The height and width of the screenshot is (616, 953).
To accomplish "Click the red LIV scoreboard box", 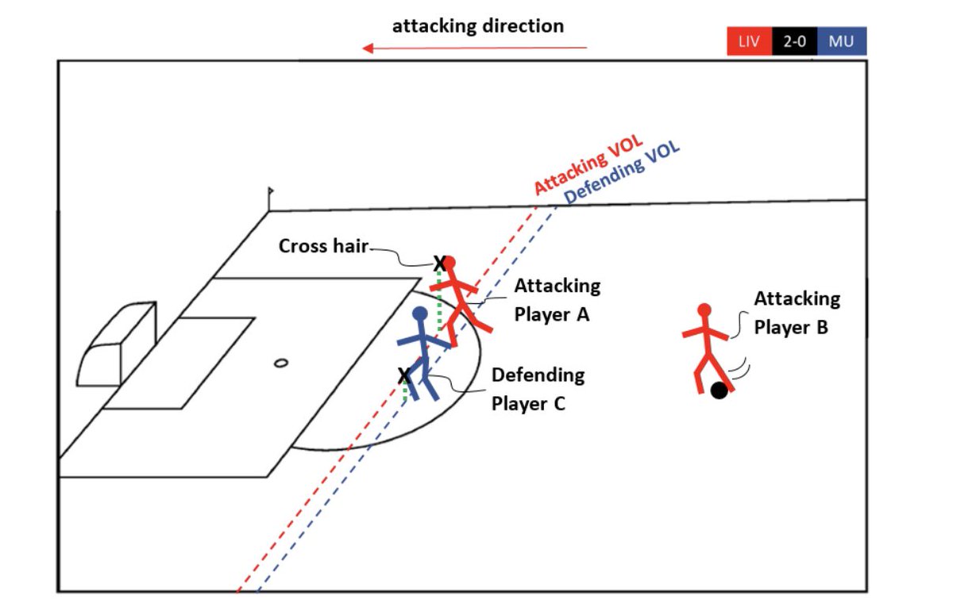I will pos(749,41).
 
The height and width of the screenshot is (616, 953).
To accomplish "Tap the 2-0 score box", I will pos(794,41).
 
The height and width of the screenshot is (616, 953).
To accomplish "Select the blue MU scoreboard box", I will pos(841,41).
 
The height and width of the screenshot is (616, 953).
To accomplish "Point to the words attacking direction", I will pos(478,25).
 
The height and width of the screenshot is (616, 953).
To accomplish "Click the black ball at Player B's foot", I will pos(720,391).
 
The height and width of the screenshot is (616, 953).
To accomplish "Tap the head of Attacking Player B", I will pos(704,310).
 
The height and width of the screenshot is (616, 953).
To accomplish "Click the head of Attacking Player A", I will pos(449,263).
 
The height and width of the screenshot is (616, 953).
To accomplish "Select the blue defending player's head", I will pos(420,315).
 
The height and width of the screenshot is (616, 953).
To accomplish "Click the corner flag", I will pos(271,192).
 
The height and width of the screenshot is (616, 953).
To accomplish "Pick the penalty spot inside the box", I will pos(280,364).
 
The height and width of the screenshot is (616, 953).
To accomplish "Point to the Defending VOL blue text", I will pos(622,174).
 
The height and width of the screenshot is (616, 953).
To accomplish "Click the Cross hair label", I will pos(323,246).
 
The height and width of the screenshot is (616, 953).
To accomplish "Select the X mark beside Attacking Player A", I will pos(438,262).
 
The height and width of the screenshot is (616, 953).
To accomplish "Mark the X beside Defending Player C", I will pos(404,374).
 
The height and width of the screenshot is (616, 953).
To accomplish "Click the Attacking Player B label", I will pos(797,312).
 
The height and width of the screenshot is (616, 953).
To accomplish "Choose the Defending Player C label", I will pos(538,388).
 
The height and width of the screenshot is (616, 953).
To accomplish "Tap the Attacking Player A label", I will pos(557,299).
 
